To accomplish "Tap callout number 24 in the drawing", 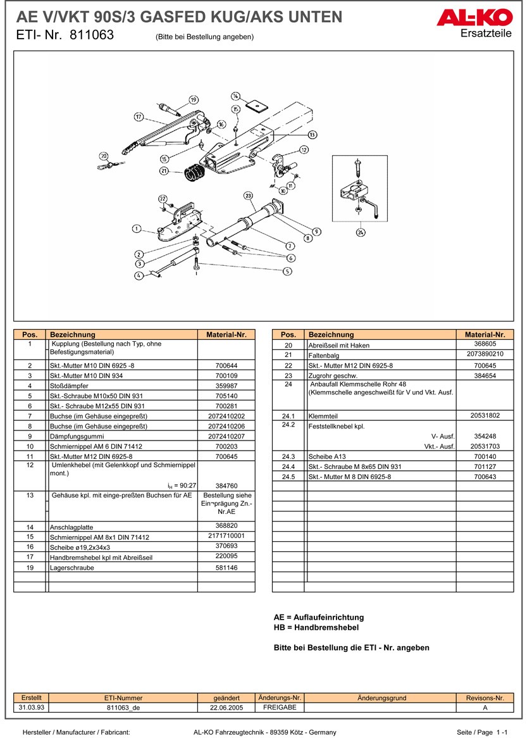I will click(x=360, y=232).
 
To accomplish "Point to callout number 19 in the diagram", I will click(x=193, y=99).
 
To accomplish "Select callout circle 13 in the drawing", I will click(x=312, y=135).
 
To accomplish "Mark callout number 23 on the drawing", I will click(x=248, y=196).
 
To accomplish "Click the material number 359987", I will click(x=226, y=385).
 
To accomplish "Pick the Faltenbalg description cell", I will click(x=323, y=355).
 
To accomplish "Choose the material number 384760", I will click(x=226, y=485).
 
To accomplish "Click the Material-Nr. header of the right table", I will click(x=485, y=334).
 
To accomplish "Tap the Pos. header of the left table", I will click(x=30, y=334).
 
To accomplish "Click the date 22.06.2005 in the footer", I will click(x=226, y=708).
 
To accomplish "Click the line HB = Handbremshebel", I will click(x=316, y=627).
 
